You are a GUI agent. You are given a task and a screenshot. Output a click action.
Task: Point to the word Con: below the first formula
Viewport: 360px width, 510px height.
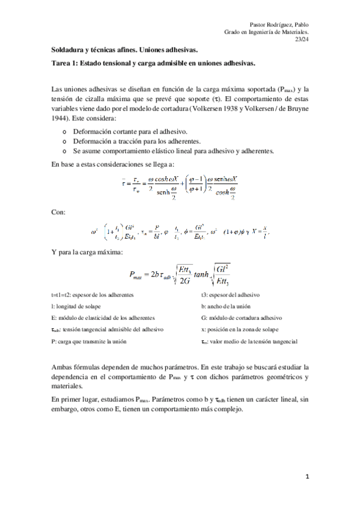(x=59, y=212)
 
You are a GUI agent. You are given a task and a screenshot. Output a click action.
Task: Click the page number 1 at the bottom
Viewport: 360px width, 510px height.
(x=307, y=477)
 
